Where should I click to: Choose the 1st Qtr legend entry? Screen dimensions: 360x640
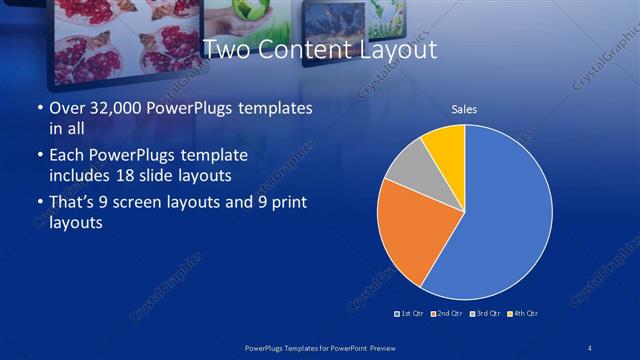(x=409, y=314)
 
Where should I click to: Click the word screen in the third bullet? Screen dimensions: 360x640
(x=149, y=203)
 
